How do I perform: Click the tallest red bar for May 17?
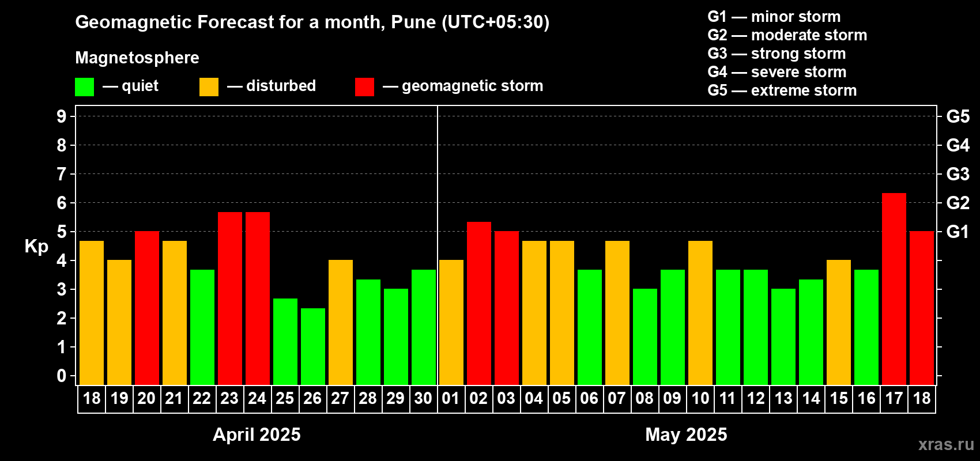point(894,289)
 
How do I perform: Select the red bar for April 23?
point(229,298)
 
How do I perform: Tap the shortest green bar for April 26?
point(312,346)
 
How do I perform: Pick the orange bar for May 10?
point(700,312)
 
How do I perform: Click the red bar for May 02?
point(478,303)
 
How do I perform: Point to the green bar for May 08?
point(644,337)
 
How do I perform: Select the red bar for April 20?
point(146,308)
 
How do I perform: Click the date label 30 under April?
point(423,399)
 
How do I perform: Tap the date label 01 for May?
point(451,399)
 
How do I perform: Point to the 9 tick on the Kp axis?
point(62,116)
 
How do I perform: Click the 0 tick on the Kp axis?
point(62,376)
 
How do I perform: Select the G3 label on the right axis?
point(958,174)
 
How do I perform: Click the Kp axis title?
point(36,247)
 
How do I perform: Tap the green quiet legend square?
point(84,87)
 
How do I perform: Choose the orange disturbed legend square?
point(209,87)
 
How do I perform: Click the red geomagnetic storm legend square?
point(364,87)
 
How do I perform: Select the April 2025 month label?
point(257,434)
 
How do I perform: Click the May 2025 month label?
point(686,434)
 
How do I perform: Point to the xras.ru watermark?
point(946,444)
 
